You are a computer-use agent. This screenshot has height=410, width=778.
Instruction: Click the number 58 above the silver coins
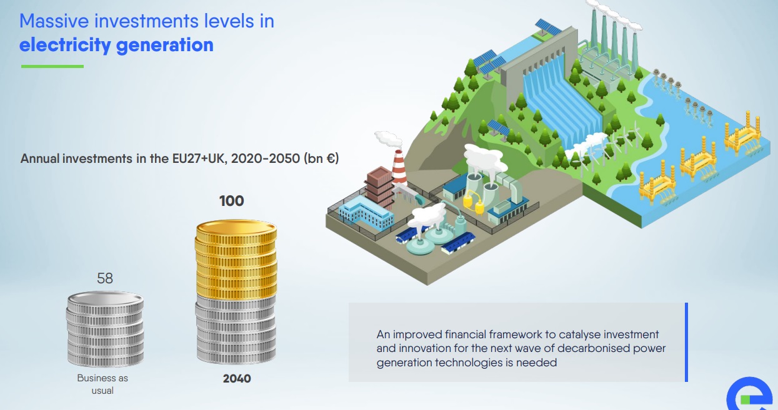[x=105, y=278]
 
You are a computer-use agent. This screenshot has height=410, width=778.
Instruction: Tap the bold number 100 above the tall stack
[x=232, y=201]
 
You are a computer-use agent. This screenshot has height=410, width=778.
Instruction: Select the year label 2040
[x=237, y=378]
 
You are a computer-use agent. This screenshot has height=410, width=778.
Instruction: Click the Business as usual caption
[x=102, y=384]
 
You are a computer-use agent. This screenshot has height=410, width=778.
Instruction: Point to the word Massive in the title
[x=54, y=21]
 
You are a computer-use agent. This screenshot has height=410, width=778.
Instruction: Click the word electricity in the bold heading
[x=65, y=46]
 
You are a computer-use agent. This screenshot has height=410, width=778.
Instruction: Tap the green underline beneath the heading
[x=52, y=66]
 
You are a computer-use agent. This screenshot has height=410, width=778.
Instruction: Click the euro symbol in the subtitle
[x=331, y=159]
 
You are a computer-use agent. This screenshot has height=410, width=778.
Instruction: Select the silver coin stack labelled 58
[x=105, y=329]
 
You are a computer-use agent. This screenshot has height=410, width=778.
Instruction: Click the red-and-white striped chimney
[x=399, y=169]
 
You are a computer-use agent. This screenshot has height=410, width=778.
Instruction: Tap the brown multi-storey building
[x=379, y=187]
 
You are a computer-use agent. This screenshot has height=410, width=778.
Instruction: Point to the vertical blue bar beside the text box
[x=686, y=342]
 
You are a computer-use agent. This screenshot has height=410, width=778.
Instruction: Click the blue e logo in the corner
[x=751, y=395]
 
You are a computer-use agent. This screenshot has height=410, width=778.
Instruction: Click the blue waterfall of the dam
[x=562, y=104]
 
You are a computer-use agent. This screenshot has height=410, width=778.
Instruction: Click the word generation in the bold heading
[x=164, y=46]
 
